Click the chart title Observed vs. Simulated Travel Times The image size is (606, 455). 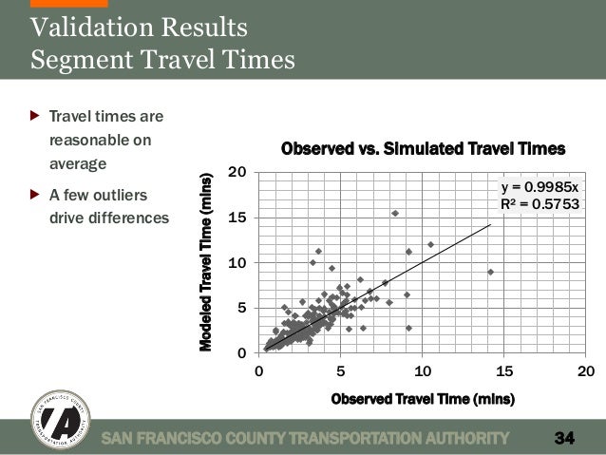tap(423, 149)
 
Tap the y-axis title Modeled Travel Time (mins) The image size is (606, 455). tap(207, 261)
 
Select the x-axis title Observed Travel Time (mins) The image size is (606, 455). tap(423, 399)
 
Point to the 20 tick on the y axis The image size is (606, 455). tap(237, 172)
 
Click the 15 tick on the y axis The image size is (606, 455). tap(237, 218)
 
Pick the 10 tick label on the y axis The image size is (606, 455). tap(237, 262)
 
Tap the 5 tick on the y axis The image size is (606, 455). tap(242, 308)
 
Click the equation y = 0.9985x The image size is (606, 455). tap(538, 186)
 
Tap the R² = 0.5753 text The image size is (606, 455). tap(538, 202)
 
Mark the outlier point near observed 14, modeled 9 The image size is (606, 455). tap(490, 272)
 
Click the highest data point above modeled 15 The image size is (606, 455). tap(394, 213)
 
